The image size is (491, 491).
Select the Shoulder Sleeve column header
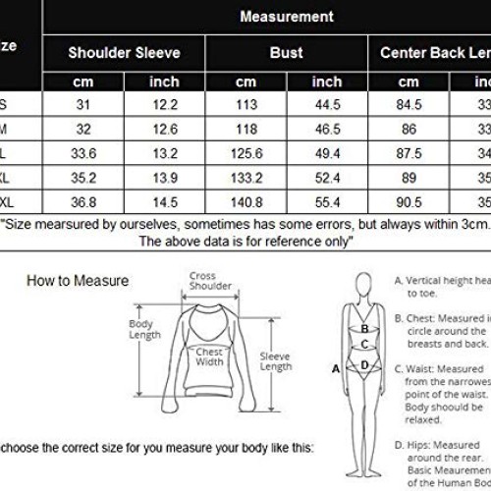[123, 52]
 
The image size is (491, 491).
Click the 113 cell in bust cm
[245, 105]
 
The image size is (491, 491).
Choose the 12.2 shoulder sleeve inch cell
[164, 105]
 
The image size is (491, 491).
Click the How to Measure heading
[78, 281]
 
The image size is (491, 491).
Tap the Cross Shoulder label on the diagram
[210, 280]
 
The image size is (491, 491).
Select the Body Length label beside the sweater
[144, 329]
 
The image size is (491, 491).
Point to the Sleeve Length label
[276, 360]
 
